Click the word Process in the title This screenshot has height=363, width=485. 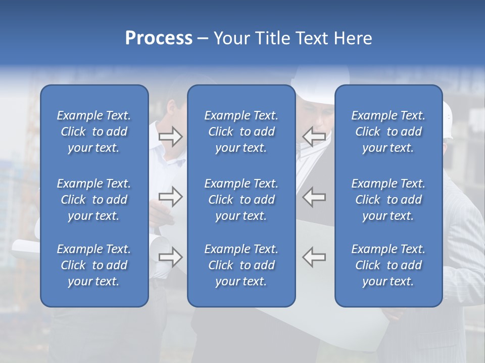(159, 38)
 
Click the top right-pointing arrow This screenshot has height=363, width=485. (171, 136)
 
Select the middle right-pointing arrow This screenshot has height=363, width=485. (171, 197)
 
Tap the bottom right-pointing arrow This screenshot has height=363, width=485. (171, 257)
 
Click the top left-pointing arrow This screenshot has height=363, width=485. (314, 136)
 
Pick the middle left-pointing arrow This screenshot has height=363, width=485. (314, 197)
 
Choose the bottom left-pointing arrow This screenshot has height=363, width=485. (314, 257)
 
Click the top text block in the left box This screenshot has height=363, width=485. (94, 132)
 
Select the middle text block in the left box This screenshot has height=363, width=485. (94, 200)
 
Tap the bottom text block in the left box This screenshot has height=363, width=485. (94, 265)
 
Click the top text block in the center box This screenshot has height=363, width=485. (241, 132)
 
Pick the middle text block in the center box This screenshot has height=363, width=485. (241, 200)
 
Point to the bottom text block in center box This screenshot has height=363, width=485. (241, 265)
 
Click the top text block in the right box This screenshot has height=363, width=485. (388, 132)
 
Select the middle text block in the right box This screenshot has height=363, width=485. (388, 200)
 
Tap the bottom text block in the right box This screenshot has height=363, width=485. (388, 265)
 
